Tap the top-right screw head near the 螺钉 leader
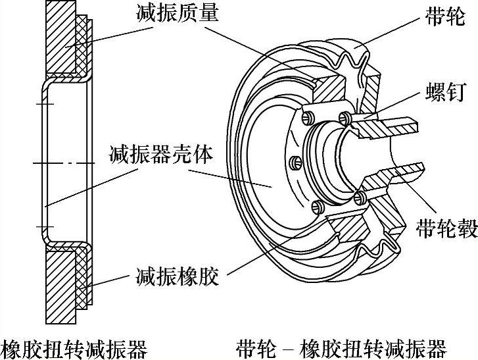point(345,117)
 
